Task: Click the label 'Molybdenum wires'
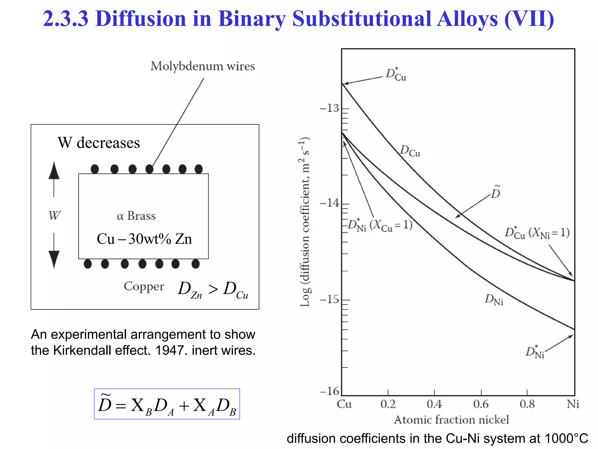203,66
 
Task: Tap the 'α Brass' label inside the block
136,216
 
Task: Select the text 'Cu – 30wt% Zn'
144,239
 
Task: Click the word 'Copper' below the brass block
144,286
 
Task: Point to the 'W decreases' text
99,143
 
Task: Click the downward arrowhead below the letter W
54,259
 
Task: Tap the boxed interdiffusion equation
167,404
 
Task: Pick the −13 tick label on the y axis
329,108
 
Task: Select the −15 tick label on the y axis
329,299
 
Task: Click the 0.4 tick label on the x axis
434,404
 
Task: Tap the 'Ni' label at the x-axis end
573,404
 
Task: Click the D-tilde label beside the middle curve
496,192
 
